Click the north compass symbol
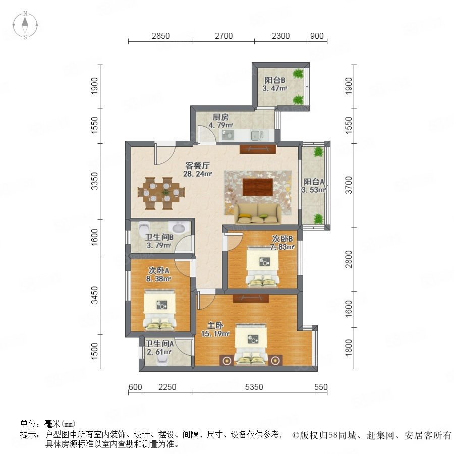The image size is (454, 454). [25, 25]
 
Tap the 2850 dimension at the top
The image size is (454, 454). [161, 36]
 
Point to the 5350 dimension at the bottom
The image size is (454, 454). [254, 387]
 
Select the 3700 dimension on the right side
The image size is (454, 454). [349, 185]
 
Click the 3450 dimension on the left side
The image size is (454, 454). [95, 295]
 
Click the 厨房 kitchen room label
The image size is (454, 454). [220, 117]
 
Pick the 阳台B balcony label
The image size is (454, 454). [275, 80]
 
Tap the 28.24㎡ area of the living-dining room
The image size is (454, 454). [197, 174]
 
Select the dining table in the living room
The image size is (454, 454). [161, 193]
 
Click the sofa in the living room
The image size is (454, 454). [258, 214]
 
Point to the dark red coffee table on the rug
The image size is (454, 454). [258, 187]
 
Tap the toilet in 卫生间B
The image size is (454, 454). [143, 228]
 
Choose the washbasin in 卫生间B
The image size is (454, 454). [179, 228]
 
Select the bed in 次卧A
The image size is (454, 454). [160, 309]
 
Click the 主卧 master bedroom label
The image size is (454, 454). [215, 326]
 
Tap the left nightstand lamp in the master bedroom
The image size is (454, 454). [227, 360]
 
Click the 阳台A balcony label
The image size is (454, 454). [314, 182]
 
